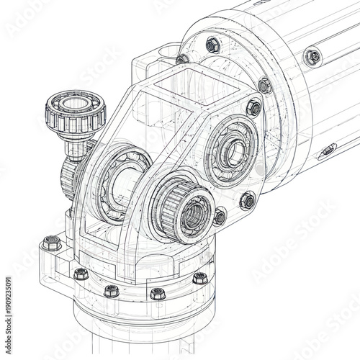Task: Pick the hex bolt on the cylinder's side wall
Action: (x=312, y=56)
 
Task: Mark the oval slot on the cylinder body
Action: (x=327, y=150)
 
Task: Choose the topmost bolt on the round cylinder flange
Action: (x=212, y=45)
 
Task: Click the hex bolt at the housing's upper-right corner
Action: (x=253, y=109)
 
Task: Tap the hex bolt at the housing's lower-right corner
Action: (x=248, y=201)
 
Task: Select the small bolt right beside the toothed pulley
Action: (x=220, y=216)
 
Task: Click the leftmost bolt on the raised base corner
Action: (x=52, y=243)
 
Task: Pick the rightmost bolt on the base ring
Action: (x=200, y=279)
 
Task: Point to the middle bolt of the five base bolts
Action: (x=112, y=291)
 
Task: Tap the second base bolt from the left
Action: (x=81, y=274)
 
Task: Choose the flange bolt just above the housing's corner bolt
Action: (x=265, y=86)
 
